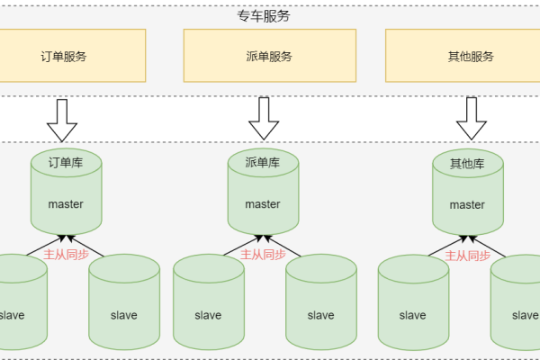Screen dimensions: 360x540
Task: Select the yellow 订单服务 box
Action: pyautogui.click(x=63, y=56)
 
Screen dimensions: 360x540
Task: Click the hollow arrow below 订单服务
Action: pyautogui.click(x=63, y=119)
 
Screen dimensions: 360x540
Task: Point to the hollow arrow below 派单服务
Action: pyautogui.click(x=264, y=117)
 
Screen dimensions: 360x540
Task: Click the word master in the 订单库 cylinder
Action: pyautogui.click(x=65, y=204)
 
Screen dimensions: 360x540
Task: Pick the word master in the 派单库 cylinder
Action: pyautogui.click(x=263, y=204)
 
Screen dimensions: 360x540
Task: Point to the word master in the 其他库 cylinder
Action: pyautogui.click(x=467, y=204)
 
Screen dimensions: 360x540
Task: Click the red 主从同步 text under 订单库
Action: pyautogui.click(x=65, y=255)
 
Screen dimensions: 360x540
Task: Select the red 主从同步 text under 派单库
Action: pyautogui.click(x=263, y=255)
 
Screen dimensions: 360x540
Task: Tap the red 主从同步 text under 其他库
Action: pyautogui.click(x=467, y=255)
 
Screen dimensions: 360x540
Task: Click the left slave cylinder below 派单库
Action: pyautogui.click(x=208, y=306)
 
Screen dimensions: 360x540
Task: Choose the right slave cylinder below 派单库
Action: pyautogui.click(x=320, y=306)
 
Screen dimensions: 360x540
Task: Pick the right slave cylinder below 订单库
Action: pyautogui.click(x=123, y=306)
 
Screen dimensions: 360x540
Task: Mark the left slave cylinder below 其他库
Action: pyautogui.click(x=412, y=306)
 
